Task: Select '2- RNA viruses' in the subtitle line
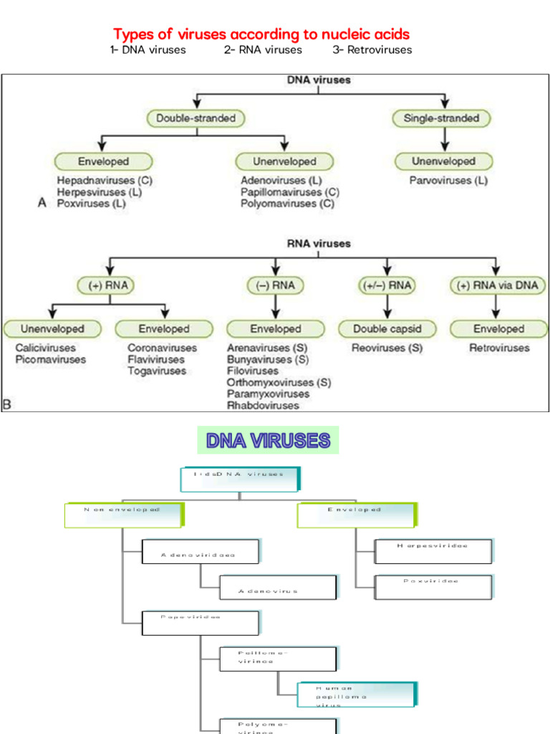click(263, 49)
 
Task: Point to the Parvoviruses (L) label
click(448, 181)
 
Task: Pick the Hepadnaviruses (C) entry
click(105, 181)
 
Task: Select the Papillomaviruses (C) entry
click(290, 192)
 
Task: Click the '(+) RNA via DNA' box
click(498, 285)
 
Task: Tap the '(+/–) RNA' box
click(386, 285)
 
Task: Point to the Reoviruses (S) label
click(387, 348)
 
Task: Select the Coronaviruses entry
click(162, 348)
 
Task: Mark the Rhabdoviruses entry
click(263, 406)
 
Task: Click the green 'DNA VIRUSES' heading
click(268, 440)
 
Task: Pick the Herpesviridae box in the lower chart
click(433, 550)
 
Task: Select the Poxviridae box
click(433, 586)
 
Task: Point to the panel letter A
click(42, 204)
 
